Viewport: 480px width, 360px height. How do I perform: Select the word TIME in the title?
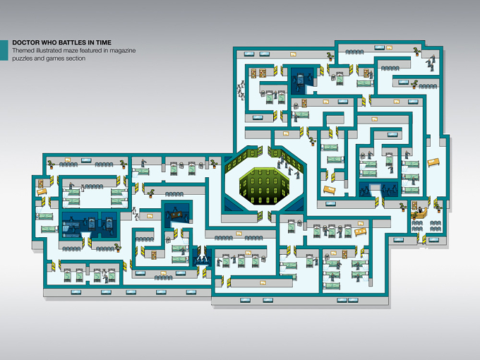103,42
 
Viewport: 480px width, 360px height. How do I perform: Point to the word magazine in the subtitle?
122,51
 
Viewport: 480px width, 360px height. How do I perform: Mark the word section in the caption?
76,58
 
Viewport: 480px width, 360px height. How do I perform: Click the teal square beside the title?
4,50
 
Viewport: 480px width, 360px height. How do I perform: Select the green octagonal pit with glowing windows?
264,186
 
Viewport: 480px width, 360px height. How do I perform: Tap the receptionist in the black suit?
420,210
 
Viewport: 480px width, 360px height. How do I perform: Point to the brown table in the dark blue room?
176,215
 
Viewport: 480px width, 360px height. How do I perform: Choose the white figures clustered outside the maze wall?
241,90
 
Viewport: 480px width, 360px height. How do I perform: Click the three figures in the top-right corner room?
431,63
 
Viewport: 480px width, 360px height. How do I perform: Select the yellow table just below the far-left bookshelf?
42,192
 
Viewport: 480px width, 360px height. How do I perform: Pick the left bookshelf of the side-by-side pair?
254,73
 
